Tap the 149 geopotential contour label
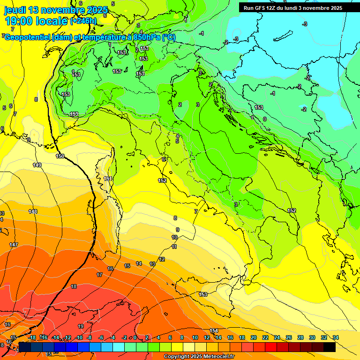pyautogui.click(x=37, y=165)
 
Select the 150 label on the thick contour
pyautogui.click(x=60, y=156)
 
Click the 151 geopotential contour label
pyautogui.click(x=108, y=179)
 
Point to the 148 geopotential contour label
pyautogui.click(x=33, y=211)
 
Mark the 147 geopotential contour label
pyautogui.click(x=14, y=245)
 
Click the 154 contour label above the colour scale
pyautogui.click(x=214, y=331)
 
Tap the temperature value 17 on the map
pyautogui.click(x=99, y=275)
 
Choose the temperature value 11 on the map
pyautogui.click(x=174, y=247)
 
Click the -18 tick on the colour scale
pyautogui.click(x=32, y=337)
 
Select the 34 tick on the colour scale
pyautogui.click(x=335, y=337)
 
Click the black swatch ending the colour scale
pyautogui.click(x=329, y=347)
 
